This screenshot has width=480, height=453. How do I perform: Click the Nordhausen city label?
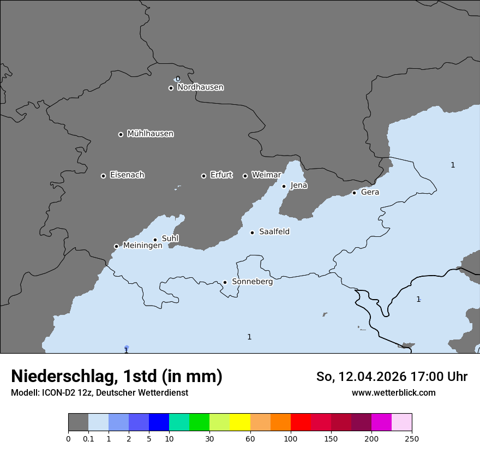tap(200, 87)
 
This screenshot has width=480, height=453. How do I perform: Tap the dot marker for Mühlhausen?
tap(121, 134)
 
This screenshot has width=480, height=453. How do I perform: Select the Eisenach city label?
tap(127, 175)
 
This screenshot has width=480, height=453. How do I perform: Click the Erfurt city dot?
tap(203, 176)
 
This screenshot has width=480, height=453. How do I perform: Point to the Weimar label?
tap(266, 175)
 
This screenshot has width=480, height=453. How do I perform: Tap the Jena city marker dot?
tap(284, 186)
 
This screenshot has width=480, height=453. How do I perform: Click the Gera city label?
tap(370, 192)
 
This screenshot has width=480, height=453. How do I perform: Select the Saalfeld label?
tap(274, 232)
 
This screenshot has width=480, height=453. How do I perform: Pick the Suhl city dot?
tap(155, 240)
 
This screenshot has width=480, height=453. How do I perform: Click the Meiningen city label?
tap(142, 246)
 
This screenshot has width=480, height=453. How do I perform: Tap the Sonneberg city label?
tap(252, 282)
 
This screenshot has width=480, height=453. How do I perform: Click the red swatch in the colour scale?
tap(301, 422)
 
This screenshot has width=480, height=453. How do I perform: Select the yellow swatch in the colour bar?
tap(240, 422)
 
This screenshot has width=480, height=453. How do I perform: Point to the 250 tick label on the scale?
tap(412, 439)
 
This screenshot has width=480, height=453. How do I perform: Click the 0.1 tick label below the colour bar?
tap(88, 439)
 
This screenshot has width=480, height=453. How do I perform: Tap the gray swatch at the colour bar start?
tap(78, 422)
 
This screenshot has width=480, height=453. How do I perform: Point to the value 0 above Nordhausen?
tap(177, 79)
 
